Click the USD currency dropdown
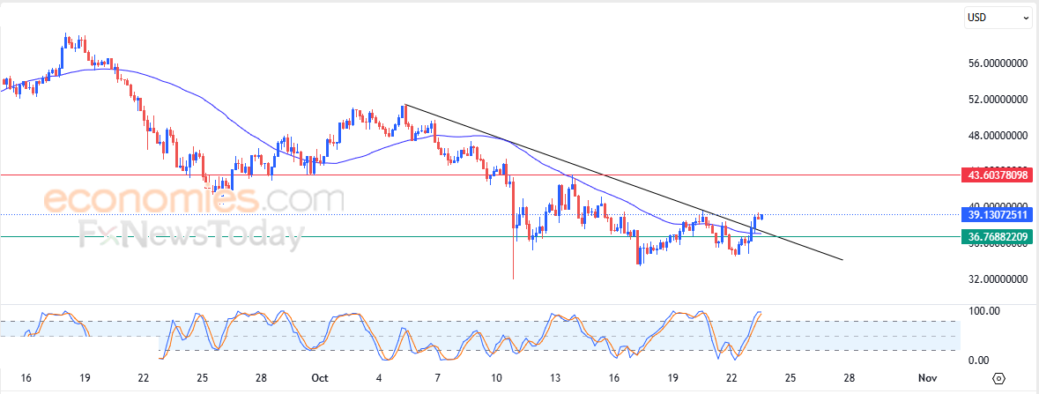(998, 17)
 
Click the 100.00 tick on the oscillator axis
(983, 311)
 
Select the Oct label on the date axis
(319, 378)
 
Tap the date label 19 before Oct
(85, 378)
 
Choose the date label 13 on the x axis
(555, 378)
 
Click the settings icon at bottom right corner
(998, 378)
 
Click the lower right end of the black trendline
(842, 260)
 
